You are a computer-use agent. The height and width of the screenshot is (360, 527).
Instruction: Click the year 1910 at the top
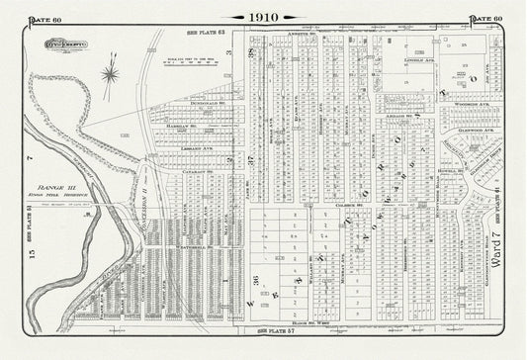coord(264,17)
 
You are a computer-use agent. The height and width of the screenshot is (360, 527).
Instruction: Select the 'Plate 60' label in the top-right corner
coord(485,19)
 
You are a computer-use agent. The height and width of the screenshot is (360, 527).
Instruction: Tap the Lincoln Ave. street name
coord(420,60)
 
